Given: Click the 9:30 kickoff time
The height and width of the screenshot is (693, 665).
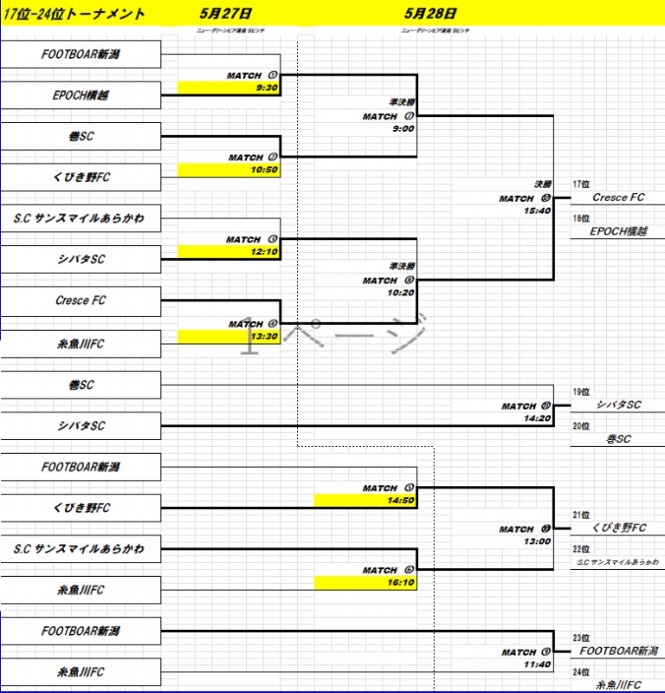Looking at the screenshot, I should point(267,87).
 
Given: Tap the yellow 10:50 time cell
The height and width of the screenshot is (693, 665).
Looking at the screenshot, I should point(265,170).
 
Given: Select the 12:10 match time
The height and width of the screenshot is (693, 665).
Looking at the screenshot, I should point(265,251).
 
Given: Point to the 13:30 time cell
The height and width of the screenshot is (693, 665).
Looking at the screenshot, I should point(265,336).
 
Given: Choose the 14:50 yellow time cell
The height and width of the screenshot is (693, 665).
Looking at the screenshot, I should point(402,500).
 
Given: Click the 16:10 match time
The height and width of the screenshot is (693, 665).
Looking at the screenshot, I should point(402,582).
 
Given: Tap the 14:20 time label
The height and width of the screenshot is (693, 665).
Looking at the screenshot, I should point(537,418).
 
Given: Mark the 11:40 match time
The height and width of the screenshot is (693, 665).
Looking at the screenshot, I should point(537,664).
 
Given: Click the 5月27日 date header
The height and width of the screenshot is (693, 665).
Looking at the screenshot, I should point(224,14).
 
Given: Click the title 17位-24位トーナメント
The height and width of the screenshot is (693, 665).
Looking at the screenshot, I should point(74,15).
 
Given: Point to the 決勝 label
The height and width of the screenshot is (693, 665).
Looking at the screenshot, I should point(542,185).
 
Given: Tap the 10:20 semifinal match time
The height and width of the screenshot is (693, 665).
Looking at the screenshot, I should point(402,293).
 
